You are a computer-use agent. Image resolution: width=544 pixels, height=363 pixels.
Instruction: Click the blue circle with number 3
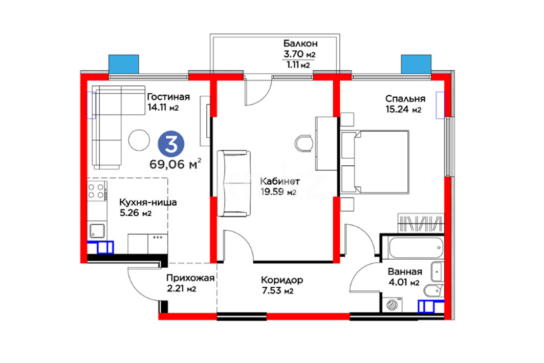(171, 144)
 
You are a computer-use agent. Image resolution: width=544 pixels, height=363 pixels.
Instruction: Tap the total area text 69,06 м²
(176, 163)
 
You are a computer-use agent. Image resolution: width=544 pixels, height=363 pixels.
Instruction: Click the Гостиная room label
(168, 96)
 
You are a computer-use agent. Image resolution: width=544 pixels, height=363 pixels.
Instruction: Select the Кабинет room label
(279, 181)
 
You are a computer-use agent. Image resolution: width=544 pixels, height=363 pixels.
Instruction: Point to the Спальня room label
(405, 99)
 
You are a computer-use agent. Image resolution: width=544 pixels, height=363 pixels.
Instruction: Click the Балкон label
(300, 44)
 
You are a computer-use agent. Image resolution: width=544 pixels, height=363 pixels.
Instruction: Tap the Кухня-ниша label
(148, 202)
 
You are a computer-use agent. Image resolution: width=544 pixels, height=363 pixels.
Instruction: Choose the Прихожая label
(190, 278)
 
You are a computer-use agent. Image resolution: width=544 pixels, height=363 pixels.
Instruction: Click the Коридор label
(281, 280)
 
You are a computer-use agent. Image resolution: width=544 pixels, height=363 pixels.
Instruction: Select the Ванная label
(405, 272)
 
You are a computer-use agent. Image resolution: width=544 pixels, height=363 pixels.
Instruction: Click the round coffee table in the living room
(139, 140)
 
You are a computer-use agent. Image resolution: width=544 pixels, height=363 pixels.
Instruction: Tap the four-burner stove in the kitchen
(96, 191)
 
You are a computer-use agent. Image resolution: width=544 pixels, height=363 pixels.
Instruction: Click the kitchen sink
(97, 230)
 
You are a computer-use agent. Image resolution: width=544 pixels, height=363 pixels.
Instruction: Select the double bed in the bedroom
(375, 162)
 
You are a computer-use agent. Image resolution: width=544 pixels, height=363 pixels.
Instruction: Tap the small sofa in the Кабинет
(234, 183)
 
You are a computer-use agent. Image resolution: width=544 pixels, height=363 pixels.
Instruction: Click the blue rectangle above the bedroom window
(417, 64)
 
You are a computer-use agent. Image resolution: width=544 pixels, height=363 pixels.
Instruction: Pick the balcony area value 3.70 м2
(299, 54)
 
